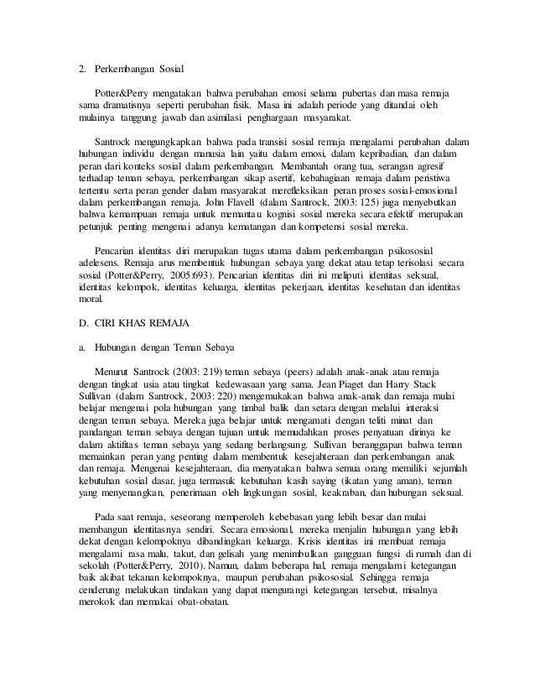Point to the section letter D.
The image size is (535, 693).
[72, 322]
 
